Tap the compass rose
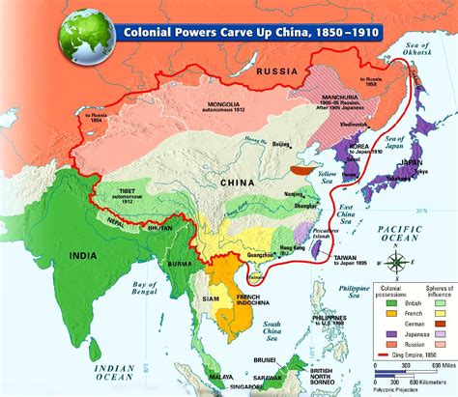tap(399, 261)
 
